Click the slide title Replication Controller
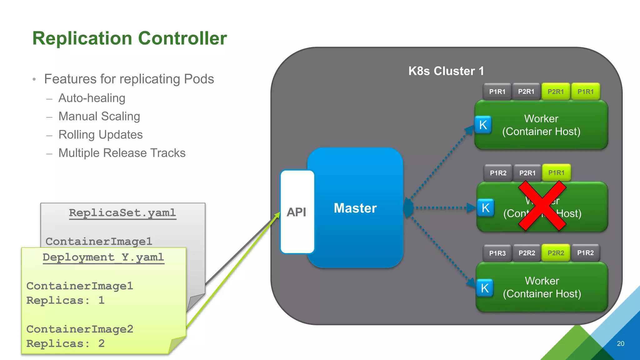coord(129,38)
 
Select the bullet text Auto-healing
coord(92,98)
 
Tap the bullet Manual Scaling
coord(99,116)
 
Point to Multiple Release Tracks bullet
coord(122,153)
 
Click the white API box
coord(297,212)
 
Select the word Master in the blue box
coord(355,208)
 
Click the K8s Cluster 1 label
coord(446,71)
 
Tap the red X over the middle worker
coord(542,206)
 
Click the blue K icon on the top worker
coord(483,125)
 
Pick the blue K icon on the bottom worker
coord(485,288)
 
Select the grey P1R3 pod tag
coord(497,253)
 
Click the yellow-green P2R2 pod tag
coord(556,253)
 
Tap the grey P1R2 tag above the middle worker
coord(498,173)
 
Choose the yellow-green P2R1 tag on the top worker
coord(556,92)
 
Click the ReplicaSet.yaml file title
coord(122,213)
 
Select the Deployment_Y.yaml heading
coord(103,257)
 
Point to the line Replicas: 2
coord(65,343)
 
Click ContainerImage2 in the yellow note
coord(80,329)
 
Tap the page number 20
coord(620,343)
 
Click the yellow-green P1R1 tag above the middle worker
coord(556,173)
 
